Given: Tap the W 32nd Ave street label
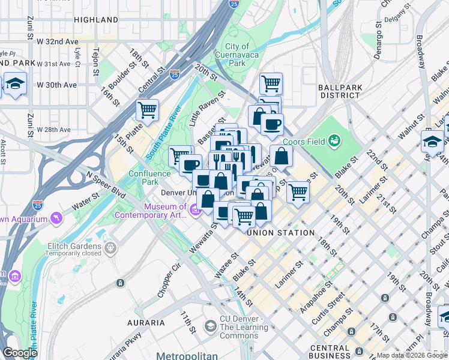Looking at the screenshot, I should pyautogui.click(x=58, y=42).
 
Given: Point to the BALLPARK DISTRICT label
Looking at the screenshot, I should pyautogui.click(x=340, y=91).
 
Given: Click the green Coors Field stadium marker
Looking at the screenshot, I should pyautogui.click(x=334, y=141).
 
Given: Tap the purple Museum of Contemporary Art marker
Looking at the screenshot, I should pyautogui.click(x=195, y=211).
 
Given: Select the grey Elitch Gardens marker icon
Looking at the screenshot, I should pyautogui.click(x=110, y=247).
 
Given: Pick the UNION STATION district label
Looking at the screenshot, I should pyautogui.click(x=280, y=233).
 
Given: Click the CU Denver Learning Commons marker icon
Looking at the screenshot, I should pyautogui.click(x=210, y=326).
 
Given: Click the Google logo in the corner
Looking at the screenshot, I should pyautogui.click(x=20, y=353).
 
